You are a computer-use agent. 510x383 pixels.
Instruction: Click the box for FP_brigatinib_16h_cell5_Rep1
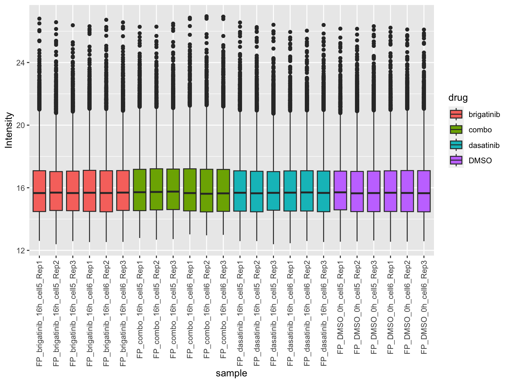[39, 191]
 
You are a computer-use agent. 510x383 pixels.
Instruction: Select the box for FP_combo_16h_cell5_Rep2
[156, 189]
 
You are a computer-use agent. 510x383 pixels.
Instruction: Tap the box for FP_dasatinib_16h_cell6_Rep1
[290, 191]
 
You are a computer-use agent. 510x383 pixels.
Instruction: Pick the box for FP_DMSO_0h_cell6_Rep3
[424, 191]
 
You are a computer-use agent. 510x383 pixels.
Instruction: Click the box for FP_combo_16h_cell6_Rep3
[223, 190]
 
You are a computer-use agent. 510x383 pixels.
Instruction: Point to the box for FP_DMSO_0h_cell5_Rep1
[340, 190]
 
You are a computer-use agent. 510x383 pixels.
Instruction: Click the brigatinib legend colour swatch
[456, 114]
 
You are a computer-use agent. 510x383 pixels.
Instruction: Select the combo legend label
[480, 130]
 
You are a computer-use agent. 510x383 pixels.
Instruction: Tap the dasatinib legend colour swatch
[456, 145]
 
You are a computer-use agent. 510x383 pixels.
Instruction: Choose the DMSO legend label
[480, 161]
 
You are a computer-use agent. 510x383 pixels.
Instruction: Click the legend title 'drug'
[458, 98]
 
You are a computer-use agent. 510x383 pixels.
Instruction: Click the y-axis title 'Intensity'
[9, 130]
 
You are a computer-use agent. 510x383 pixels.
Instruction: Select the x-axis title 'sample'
[231, 373]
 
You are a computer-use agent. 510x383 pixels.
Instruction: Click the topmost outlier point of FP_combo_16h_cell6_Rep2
[207, 16]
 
